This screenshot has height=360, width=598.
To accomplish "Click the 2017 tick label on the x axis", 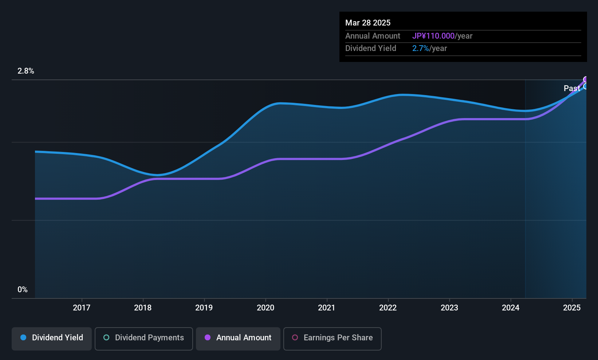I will coord(81,308).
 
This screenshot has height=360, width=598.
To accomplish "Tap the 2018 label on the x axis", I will coord(143,308).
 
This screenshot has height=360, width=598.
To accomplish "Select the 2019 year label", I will coord(204,308).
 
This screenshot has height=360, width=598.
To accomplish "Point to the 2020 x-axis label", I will coord(265,308).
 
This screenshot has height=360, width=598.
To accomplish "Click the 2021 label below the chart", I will coord(326,308).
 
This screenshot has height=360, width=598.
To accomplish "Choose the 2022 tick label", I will coord(388,308).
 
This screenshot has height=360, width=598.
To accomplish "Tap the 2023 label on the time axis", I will coord(449,308).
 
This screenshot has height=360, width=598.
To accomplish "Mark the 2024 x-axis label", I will coord(511,308).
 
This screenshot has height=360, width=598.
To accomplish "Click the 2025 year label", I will coord(572,308).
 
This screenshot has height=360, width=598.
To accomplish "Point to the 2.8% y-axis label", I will coord(26,71).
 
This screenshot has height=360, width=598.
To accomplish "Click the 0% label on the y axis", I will coord(23,290).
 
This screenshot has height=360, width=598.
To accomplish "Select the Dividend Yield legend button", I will coord(52,338).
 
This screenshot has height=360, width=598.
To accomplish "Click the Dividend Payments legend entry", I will coord(144,338).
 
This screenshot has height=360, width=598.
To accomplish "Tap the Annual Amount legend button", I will coord(238,338).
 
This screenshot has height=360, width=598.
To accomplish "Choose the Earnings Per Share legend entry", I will coord(333,338).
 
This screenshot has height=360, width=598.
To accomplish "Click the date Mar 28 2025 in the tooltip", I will coord(368,23).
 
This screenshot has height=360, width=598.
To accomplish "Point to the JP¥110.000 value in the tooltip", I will coord(433,36).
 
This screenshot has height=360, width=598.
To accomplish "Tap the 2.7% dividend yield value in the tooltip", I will coord(420,48).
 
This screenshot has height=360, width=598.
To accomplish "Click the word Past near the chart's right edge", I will coord(571,88).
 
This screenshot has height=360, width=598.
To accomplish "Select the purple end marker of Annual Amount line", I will coord(586,79).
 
